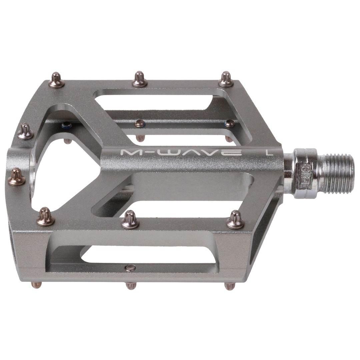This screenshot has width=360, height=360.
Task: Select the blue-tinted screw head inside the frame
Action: point(66,126)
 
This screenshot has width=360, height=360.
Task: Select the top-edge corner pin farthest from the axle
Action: point(56,80)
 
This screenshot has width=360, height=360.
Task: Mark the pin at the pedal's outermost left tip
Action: point(16,177)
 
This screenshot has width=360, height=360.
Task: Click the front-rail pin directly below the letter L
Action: point(235,220)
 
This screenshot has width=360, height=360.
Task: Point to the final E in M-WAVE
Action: point(234,152)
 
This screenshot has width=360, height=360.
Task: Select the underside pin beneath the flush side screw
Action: point(131,285)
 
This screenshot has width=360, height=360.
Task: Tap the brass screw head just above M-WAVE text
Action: point(140,123)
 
